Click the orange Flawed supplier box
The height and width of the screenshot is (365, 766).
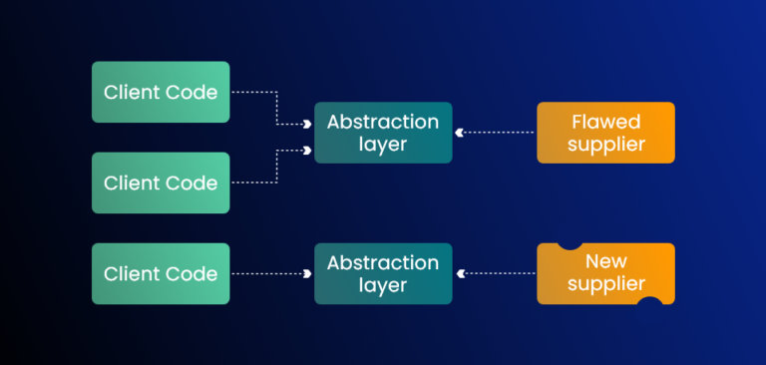point(605,133)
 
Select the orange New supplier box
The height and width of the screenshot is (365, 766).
point(605,273)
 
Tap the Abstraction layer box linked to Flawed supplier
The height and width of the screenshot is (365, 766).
point(383,133)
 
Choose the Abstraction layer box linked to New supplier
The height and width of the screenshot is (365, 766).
point(383,273)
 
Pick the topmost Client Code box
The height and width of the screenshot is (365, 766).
point(161,92)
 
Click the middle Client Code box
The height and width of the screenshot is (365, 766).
point(161,182)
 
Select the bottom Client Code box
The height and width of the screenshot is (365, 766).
point(161,273)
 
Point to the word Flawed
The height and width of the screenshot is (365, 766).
point(605,122)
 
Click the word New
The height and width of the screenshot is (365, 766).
point(605,261)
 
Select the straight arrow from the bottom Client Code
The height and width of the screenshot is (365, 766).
point(269,273)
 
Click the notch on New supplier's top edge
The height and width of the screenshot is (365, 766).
point(571,245)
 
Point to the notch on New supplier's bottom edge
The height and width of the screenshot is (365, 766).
point(649,300)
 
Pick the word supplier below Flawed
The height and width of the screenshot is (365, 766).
point(605,145)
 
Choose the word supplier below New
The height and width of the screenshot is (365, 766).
point(605,285)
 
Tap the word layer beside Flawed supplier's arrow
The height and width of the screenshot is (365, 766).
point(383,145)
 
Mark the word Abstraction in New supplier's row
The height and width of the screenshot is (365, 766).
point(383,262)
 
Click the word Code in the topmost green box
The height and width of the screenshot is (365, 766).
point(193,93)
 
